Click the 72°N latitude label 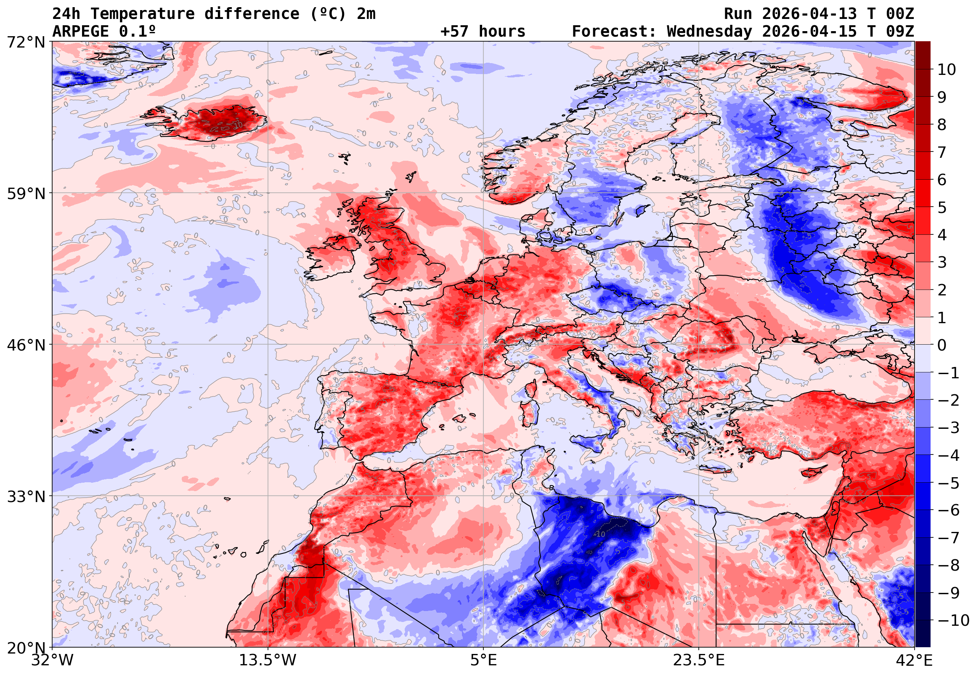(26, 43)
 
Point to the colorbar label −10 (953, 621)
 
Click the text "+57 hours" (483, 32)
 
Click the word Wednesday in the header (709, 32)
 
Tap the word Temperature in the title (143, 14)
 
